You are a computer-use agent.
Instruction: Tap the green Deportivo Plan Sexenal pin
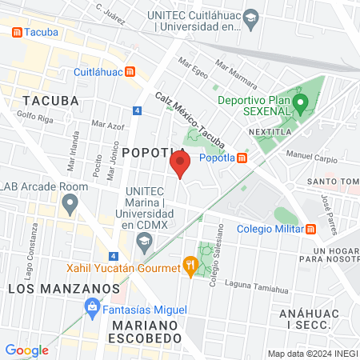301,102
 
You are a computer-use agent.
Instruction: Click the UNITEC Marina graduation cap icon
144,241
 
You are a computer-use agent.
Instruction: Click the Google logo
26,350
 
